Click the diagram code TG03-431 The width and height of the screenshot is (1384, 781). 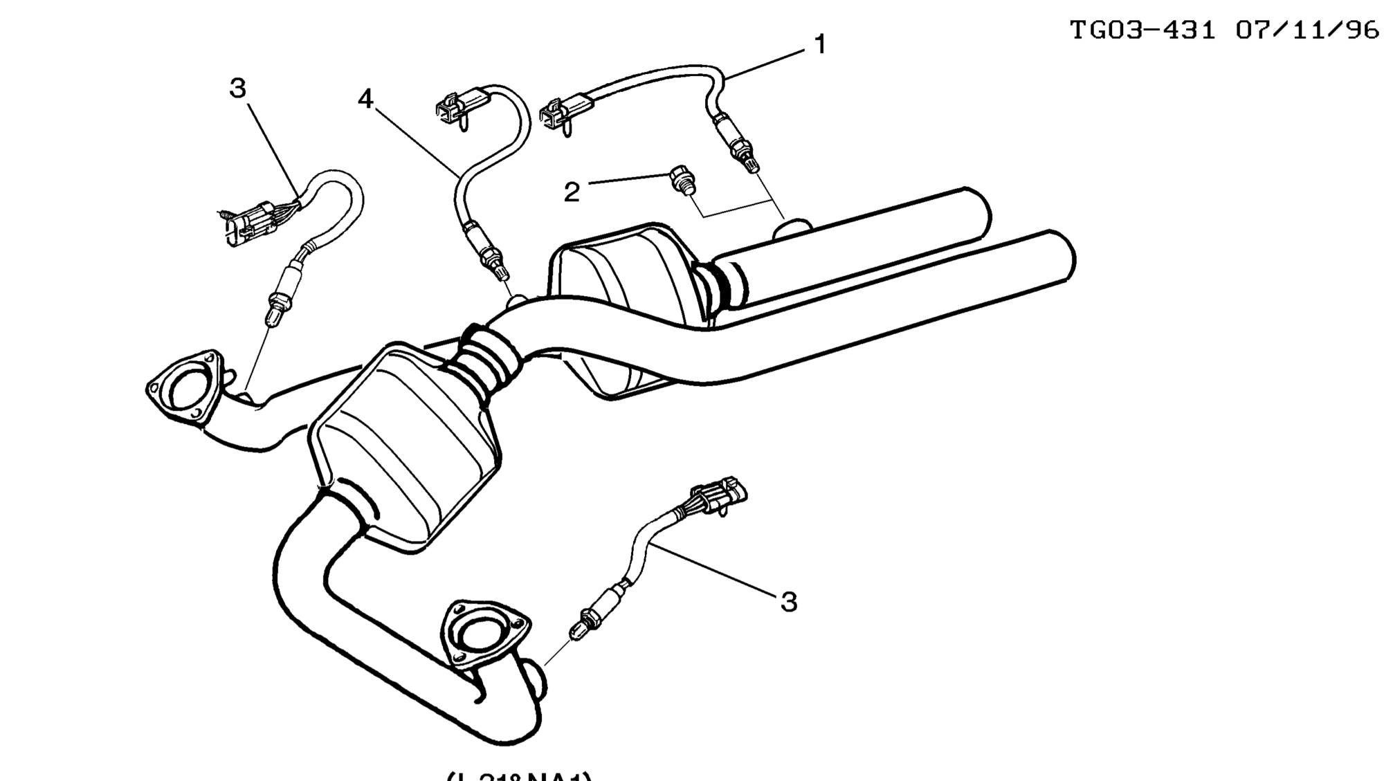1142,30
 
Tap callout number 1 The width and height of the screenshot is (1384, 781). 820,45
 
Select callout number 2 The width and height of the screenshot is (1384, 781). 572,192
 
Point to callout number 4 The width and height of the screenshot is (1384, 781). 365,100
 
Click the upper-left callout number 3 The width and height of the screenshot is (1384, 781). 237,89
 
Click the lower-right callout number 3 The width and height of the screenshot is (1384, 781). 789,602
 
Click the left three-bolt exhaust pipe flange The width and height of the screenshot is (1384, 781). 184,388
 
